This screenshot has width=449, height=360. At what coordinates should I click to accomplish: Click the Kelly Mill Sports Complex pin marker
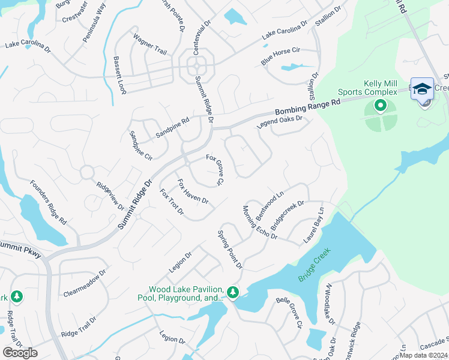[380, 106]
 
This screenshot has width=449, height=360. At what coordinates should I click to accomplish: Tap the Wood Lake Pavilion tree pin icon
[233, 292]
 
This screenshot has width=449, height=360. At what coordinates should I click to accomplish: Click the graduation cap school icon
[422, 88]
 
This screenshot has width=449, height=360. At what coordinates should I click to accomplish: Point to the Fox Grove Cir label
[215, 170]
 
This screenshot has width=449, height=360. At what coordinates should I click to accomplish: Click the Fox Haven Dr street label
[193, 191]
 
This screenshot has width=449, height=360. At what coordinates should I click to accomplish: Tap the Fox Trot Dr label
[172, 202]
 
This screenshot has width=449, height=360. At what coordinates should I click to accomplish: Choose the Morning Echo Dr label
[259, 223]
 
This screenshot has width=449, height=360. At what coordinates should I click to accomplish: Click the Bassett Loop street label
[119, 75]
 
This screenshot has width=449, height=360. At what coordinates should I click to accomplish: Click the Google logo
[20, 353]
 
